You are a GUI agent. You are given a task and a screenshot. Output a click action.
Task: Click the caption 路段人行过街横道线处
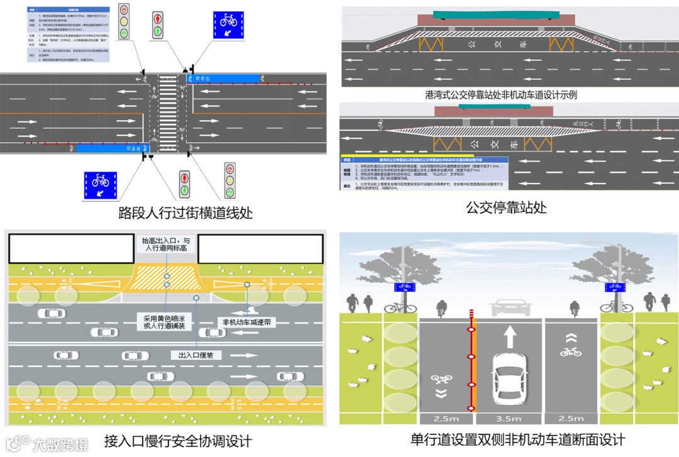coord(185,213)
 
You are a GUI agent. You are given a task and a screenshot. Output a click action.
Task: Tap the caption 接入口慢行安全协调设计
coord(178,441)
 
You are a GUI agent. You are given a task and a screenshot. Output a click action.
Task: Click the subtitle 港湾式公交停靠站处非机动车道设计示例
coord(501,95)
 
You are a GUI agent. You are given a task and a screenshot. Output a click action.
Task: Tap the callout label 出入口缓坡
coord(196,355)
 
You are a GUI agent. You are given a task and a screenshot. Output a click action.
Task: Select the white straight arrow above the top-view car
coord(509,336)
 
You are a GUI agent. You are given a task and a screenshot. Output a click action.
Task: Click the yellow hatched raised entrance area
coord(167,274)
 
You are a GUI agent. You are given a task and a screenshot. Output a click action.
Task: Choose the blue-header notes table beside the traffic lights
coord(69,35)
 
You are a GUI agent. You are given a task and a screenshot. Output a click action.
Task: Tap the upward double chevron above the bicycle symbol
coord(571,337)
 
